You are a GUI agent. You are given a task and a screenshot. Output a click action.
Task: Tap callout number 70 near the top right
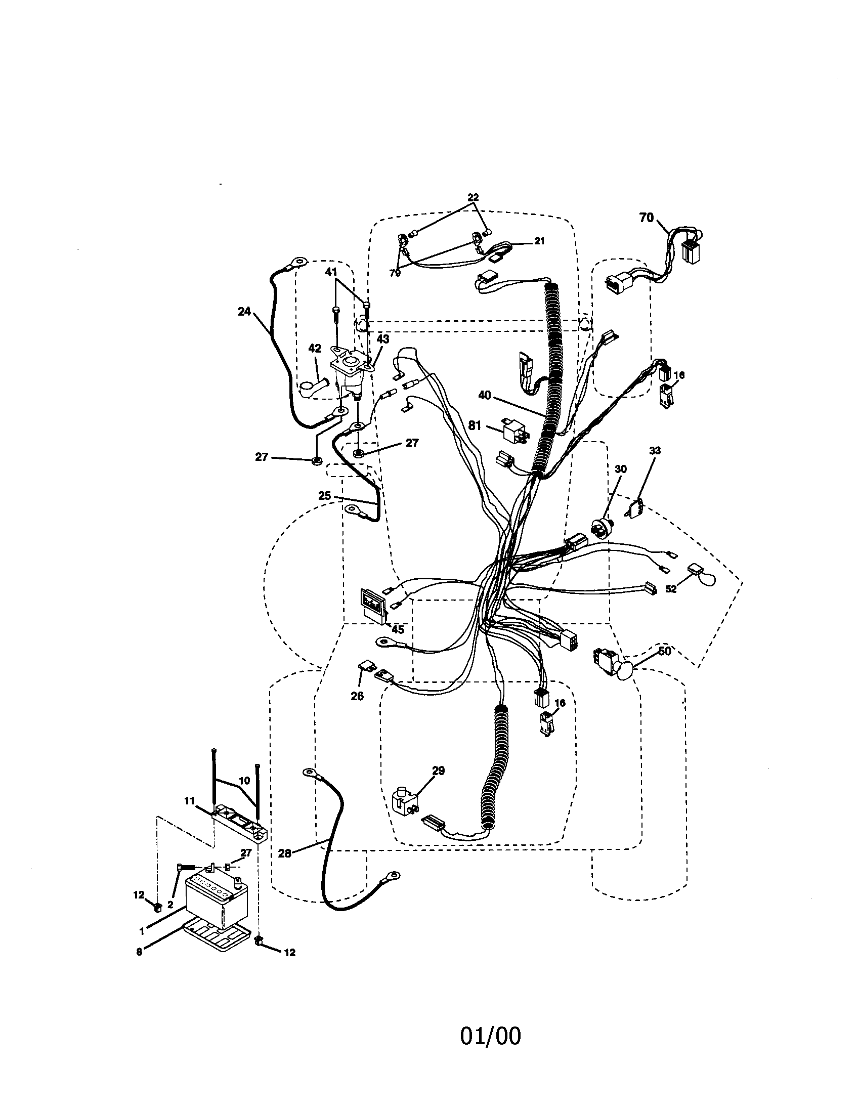pyautogui.click(x=646, y=218)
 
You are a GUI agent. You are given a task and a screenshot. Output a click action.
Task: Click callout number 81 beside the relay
pyautogui.click(x=475, y=425)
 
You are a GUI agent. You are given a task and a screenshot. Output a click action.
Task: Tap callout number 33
pyautogui.click(x=655, y=450)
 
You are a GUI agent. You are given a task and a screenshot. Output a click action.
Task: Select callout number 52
pyautogui.click(x=671, y=588)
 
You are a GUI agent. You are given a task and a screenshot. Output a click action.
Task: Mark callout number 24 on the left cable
pyautogui.click(x=244, y=311)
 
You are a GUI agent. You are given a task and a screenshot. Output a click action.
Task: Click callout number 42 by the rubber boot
pyautogui.click(x=314, y=349)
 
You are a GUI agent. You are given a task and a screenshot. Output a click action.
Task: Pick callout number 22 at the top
pyautogui.click(x=473, y=197)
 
